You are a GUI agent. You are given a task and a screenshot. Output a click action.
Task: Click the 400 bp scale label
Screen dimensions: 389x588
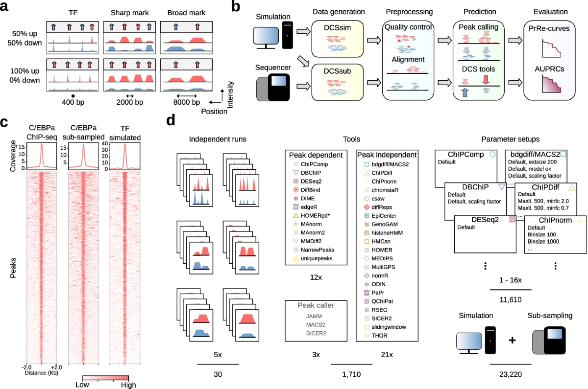coord(73,102)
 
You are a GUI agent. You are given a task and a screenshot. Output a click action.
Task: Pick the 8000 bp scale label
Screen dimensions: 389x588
coord(187,102)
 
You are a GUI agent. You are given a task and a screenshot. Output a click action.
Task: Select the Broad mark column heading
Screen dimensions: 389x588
coord(187,11)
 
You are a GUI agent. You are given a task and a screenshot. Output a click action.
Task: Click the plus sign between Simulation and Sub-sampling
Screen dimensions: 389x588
coord(513,340)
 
